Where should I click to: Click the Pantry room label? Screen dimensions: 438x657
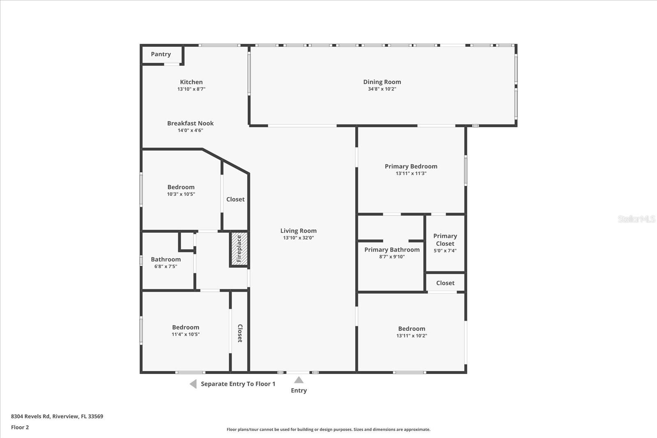pos(161,54)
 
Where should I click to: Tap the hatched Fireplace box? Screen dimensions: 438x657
pos(239,249)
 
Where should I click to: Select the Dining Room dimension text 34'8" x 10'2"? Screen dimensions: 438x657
pos(382,89)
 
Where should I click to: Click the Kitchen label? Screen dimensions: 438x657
pos(191,82)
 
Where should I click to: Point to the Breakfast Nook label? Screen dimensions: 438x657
pos(190,123)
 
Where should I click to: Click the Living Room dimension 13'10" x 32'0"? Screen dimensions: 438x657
pos(299,238)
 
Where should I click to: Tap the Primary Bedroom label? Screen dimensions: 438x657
pos(411,166)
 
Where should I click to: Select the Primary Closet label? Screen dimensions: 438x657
pos(445,240)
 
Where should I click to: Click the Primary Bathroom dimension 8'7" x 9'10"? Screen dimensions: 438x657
pos(392,257)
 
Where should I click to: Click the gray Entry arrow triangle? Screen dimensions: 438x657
pos(299,380)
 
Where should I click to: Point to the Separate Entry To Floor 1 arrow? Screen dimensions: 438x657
pos(193,384)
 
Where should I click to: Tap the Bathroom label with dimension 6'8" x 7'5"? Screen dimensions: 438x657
pos(165,259)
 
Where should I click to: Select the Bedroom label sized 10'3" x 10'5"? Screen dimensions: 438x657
pos(181,187)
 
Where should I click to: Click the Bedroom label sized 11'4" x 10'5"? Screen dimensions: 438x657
pos(186,327)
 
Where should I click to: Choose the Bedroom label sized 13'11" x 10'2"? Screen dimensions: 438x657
pos(411,328)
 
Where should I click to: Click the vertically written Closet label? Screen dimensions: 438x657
pos(240,333)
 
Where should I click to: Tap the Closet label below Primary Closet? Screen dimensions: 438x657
pos(445,283)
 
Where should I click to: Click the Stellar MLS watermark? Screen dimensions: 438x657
pos(636,219)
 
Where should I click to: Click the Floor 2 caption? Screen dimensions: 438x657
pos(20,427)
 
